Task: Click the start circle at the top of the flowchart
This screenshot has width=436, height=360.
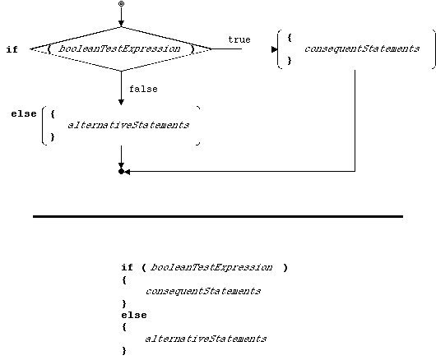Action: (x=121, y=4)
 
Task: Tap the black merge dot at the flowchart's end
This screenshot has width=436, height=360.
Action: (x=121, y=172)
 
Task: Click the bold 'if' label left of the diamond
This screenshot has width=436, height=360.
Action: (x=12, y=49)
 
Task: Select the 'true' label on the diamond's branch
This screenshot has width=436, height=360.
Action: (x=239, y=39)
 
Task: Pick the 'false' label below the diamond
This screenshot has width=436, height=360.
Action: (x=143, y=89)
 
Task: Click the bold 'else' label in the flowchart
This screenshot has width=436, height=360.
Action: (x=24, y=114)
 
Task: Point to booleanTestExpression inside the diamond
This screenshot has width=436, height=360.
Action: (x=120, y=48)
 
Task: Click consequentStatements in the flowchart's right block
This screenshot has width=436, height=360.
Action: (x=362, y=48)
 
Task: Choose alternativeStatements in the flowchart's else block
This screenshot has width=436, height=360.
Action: (x=128, y=125)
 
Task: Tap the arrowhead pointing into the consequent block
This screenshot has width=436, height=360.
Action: (x=274, y=49)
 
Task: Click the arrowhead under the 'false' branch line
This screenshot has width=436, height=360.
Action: (x=121, y=102)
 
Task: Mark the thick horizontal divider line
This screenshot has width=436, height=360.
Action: (x=218, y=216)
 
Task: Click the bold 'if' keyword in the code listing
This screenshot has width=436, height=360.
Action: (x=127, y=267)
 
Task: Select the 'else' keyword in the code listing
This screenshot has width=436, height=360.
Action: (x=134, y=315)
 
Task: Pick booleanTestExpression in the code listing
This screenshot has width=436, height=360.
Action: (x=211, y=267)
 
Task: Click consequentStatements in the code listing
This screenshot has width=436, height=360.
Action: (x=203, y=291)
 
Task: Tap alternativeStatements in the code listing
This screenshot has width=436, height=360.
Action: (x=206, y=339)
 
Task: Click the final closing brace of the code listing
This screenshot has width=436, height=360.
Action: (x=124, y=351)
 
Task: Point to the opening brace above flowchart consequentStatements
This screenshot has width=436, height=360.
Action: (x=290, y=38)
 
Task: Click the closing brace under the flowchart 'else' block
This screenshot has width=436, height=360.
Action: (x=53, y=137)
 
